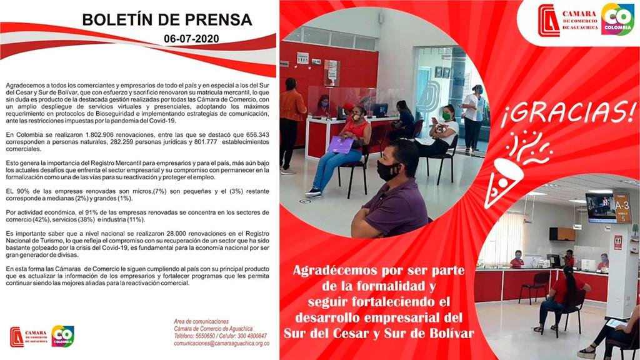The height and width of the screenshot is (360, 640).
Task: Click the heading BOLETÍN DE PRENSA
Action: pyautogui.click(x=167, y=20)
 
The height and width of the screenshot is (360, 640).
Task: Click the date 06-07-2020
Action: pyautogui.click(x=191, y=39)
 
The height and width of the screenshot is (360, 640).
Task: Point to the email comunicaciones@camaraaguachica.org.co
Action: pyautogui.click(x=221, y=343)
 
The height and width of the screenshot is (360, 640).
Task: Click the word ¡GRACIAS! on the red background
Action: pyautogui.click(x=567, y=114)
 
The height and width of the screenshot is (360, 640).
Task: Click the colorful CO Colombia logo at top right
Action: pyautogui.click(x=617, y=19)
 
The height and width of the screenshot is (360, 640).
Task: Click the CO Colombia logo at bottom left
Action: pyautogui.click(x=62, y=336)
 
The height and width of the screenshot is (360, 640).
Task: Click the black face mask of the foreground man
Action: pyautogui.click(x=387, y=171)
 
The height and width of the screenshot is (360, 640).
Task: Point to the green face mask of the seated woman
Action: pyautogui.click(x=446, y=116)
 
